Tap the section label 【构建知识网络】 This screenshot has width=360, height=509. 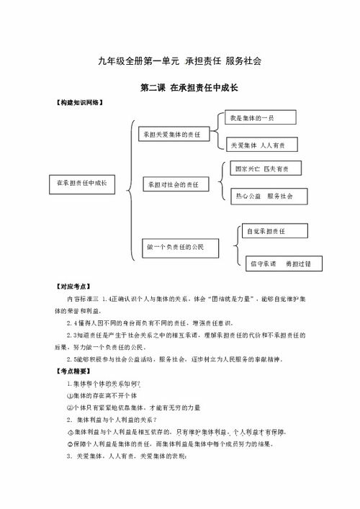tap(79, 102)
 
